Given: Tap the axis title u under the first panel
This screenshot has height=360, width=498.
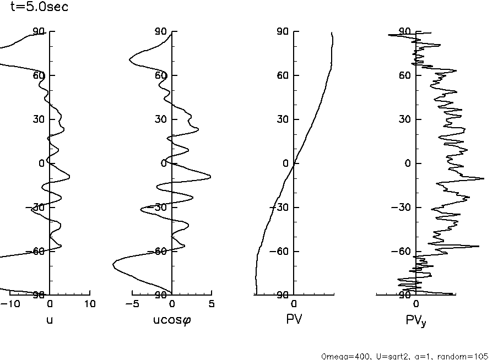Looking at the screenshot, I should pyautogui.click(x=50, y=318).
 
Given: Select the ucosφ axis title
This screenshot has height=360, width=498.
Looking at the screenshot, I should pyautogui.click(x=172, y=319).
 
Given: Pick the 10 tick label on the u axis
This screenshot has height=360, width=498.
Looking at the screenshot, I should pyautogui.click(x=89, y=304).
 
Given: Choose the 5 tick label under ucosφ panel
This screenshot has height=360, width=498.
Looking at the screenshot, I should pyautogui.click(x=212, y=304).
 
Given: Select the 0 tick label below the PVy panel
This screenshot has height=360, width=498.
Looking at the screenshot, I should pyautogui.click(x=416, y=304).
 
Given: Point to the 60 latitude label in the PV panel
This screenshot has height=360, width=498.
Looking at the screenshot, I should pyautogui.click(x=283, y=75).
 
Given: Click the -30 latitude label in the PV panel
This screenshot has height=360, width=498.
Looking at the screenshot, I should pyautogui.click(x=281, y=208).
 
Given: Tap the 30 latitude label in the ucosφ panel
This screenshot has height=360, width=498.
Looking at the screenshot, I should pyautogui.click(x=161, y=119).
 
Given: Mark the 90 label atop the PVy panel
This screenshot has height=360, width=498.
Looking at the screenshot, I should pyautogui.click(x=405, y=32).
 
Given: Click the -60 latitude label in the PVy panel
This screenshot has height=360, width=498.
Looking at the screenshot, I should pyautogui.click(x=403, y=252).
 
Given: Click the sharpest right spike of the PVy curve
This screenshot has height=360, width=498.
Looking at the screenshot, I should pyautogui.click(x=484, y=178).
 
